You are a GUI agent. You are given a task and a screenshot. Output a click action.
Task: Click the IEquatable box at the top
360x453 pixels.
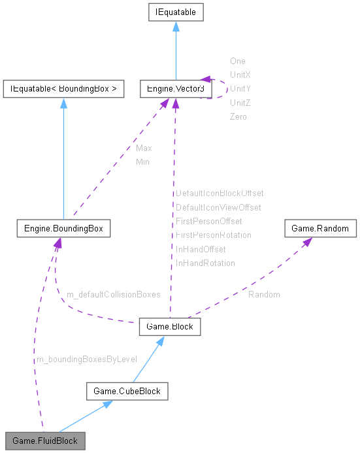coord(175,12)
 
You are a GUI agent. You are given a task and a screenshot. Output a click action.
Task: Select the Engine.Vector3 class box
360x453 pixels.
coord(175,88)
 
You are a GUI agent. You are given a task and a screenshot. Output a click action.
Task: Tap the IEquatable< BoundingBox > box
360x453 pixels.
coord(63,88)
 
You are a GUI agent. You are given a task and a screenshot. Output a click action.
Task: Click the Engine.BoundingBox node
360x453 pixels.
coord(63,229)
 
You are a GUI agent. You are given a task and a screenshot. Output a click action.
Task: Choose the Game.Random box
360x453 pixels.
coord(320,229)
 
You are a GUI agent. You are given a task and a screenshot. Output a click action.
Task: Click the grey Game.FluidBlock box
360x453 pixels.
coord(44,441)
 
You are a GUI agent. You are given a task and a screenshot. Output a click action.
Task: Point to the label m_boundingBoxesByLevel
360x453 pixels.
coord(86,359)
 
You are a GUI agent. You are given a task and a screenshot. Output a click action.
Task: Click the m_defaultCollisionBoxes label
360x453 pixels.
coord(113,294)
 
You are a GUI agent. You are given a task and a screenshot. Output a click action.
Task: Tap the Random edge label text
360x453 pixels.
coord(264,294)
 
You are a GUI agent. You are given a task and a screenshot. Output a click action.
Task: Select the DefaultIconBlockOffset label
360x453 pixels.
coord(220,193)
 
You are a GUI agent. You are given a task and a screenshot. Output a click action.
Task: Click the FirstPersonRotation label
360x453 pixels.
coord(214,235)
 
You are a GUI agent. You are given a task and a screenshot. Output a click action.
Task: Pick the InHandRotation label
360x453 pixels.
coord(205,263)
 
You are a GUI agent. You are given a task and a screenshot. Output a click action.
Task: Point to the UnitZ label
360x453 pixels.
coord(240,103)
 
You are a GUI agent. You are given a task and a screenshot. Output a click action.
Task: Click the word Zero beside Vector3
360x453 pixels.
coord(238,116)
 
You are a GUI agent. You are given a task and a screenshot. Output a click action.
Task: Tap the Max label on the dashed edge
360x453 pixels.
coord(144,148)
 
